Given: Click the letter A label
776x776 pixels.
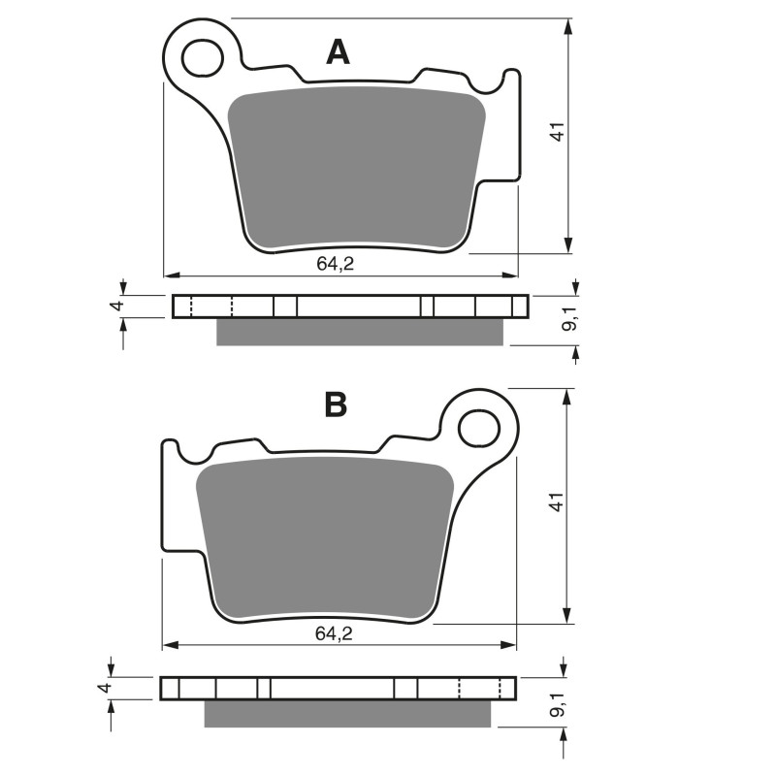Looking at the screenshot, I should (x=338, y=50).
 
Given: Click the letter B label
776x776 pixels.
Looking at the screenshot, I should (x=336, y=404).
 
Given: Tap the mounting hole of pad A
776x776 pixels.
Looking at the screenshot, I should (x=204, y=57).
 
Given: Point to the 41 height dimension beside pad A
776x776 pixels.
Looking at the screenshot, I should (x=557, y=134).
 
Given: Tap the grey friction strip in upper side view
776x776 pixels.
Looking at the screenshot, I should (x=360, y=332).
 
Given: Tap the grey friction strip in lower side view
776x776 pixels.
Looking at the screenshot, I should (x=347, y=713).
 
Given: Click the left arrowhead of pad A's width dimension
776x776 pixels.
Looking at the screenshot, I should (x=171, y=274).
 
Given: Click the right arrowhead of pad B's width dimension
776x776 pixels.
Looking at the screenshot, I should (x=509, y=644).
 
